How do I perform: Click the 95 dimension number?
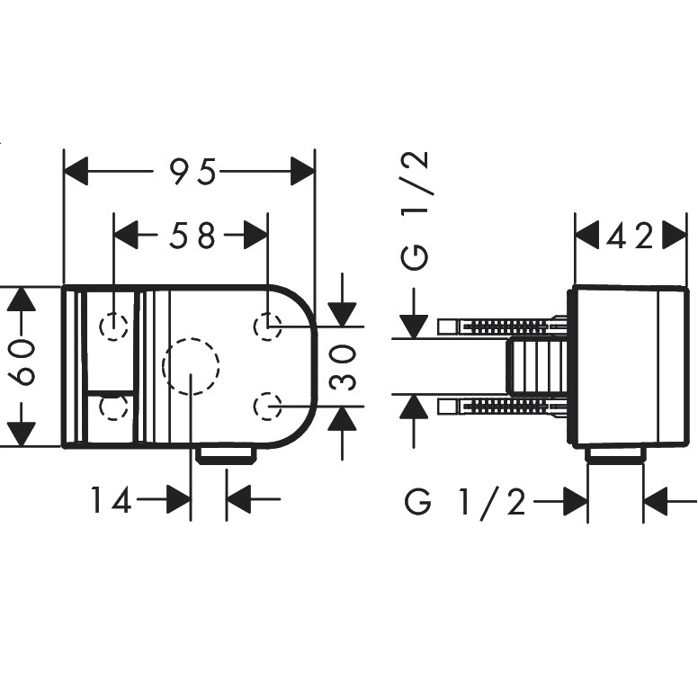(x=193, y=172)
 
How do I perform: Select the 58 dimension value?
(x=192, y=235)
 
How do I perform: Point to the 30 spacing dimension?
(x=344, y=368)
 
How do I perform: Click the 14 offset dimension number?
(x=112, y=499)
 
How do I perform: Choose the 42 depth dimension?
(x=630, y=236)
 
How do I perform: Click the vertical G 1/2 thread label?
(x=415, y=210)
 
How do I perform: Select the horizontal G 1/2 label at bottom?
(x=466, y=501)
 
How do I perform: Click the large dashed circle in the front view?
(x=164, y=366)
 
